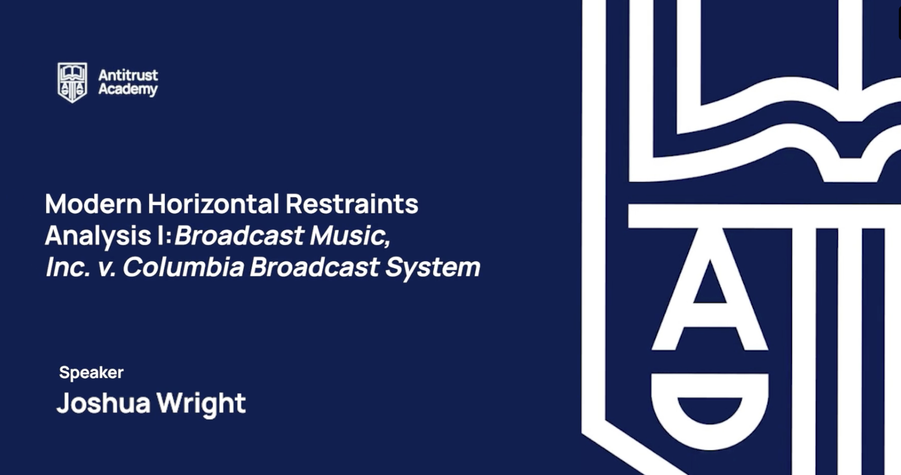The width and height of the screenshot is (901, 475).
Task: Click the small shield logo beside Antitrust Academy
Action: tap(72, 82)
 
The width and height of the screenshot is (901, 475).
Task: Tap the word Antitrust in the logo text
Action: tap(128, 75)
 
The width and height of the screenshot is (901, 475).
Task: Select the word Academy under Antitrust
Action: tap(128, 89)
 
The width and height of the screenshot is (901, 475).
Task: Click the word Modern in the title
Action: tap(93, 203)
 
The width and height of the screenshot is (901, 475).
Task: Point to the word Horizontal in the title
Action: tap(214, 203)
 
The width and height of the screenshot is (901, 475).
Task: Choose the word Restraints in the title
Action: tap(352, 203)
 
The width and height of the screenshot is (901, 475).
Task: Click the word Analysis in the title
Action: tap(98, 235)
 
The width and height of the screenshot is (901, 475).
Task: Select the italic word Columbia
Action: tap(184, 267)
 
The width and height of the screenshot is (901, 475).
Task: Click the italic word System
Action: tap(433, 268)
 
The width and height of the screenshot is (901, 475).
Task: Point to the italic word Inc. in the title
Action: tap(67, 267)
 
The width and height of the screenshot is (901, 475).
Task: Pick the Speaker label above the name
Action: tap(92, 373)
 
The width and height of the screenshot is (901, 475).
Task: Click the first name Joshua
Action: tap(104, 403)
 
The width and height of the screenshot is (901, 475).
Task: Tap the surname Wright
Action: tap(201, 404)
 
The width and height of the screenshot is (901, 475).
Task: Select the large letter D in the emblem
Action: tap(710, 411)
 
